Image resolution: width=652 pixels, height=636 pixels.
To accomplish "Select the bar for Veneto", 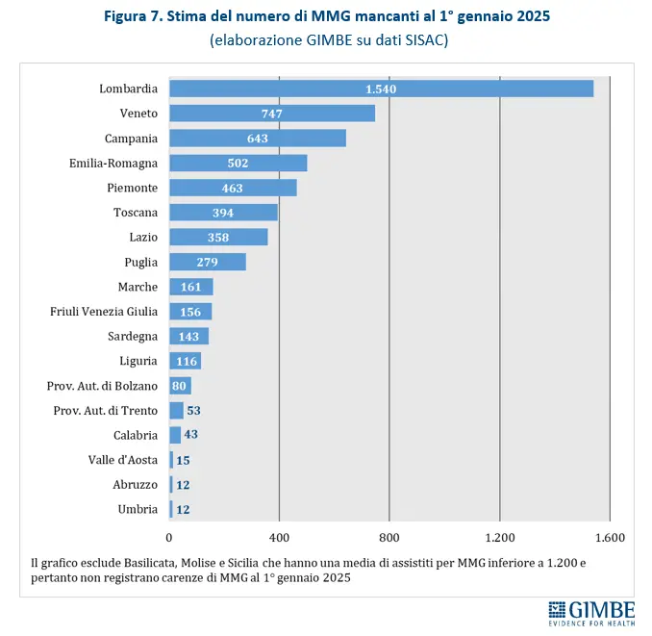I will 271,114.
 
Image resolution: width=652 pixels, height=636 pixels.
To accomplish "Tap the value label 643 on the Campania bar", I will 257,139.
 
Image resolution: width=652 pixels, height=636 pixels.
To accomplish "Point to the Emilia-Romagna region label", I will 113,164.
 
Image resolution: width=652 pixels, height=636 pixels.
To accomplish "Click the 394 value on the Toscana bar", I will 223,213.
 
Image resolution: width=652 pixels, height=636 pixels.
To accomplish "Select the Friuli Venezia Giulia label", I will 104,312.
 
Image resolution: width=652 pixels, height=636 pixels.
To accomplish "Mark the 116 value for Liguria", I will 185,361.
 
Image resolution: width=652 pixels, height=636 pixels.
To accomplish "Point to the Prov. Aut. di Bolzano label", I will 102,386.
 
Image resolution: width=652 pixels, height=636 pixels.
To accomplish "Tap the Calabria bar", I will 175,435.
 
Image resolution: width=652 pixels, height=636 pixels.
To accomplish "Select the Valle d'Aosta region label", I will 122,460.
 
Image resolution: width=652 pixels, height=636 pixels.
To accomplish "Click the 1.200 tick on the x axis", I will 499,537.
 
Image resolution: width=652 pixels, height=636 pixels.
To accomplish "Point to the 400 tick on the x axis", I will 279,537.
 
